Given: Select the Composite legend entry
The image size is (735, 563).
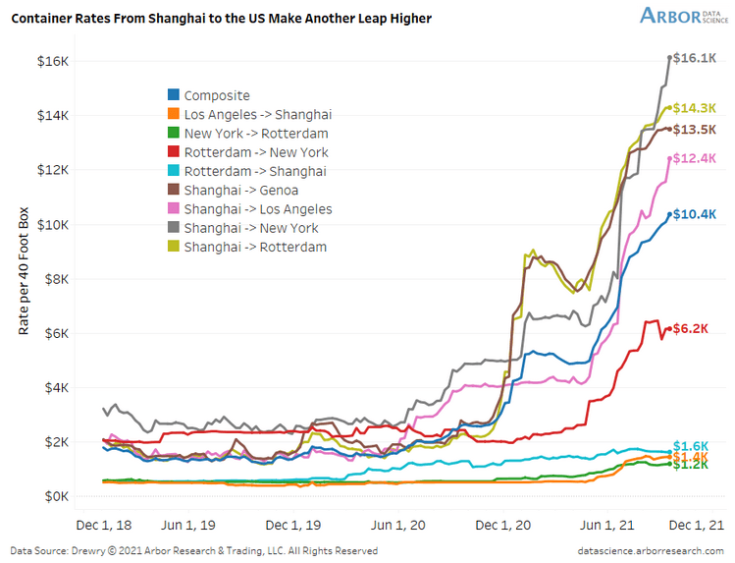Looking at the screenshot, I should [216, 95].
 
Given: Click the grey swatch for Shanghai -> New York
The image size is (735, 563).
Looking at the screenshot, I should [173, 228].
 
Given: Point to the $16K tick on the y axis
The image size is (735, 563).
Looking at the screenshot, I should [53, 61].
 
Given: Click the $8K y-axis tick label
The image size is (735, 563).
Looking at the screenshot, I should [56, 279].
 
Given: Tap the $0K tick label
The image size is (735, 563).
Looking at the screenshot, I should [56, 496].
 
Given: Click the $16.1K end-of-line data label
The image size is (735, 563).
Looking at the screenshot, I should [694, 58].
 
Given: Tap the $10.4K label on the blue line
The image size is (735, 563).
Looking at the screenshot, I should [694, 214].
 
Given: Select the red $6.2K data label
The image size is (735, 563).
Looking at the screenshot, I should [691, 330].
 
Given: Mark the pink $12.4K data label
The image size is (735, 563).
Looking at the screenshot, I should [694, 158].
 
